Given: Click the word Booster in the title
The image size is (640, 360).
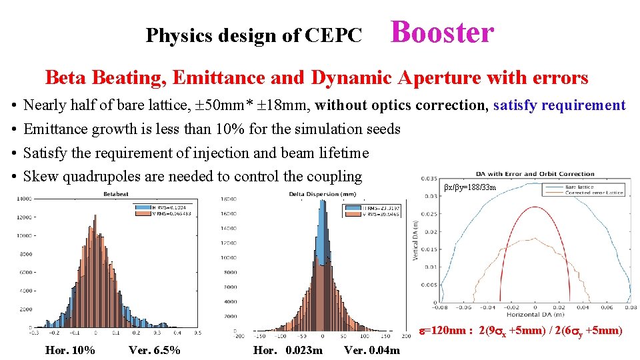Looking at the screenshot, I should (442, 32).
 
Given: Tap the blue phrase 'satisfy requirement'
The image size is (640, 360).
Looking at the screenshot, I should (559, 105).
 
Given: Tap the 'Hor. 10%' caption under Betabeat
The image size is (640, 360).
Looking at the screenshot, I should (70, 351).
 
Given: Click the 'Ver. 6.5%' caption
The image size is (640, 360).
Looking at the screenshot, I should (154, 351).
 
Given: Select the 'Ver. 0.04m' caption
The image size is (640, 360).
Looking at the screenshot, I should (372, 351).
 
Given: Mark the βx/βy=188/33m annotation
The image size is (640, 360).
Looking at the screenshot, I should (471, 188).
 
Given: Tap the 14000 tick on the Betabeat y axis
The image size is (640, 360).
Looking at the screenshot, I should (23, 199).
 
